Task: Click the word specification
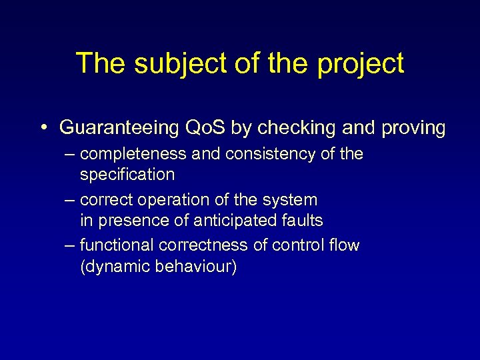127,175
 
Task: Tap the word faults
301,220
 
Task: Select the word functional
117,245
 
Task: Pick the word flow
344,245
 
